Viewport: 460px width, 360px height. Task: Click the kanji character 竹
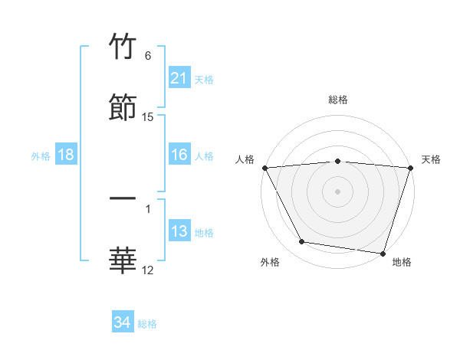click(x=123, y=47)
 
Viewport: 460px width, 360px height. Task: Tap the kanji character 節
click(x=123, y=107)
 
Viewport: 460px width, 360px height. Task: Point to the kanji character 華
click(x=123, y=260)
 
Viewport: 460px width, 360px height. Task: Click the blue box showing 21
click(x=179, y=78)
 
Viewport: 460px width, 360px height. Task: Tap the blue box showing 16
click(x=179, y=155)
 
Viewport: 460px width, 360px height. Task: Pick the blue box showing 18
click(x=66, y=155)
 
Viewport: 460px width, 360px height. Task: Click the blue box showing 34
click(x=123, y=323)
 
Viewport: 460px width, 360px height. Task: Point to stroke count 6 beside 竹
click(x=148, y=56)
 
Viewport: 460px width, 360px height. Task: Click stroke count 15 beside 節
click(x=148, y=117)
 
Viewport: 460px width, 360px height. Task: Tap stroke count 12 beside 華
click(x=148, y=269)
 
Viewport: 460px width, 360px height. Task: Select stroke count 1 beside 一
click(x=148, y=208)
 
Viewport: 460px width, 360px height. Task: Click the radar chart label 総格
click(x=337, y=100)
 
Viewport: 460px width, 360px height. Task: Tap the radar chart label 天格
click(x=431, y=159)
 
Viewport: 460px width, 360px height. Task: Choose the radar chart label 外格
click(x=270, y=263)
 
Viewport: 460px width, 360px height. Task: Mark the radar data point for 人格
click(x=264, y=168)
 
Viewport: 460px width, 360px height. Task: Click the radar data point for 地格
click(x=383, y=253)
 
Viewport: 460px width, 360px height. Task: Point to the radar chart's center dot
click(x=337, y=191)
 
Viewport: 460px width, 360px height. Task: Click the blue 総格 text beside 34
click(x=147, y=324)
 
